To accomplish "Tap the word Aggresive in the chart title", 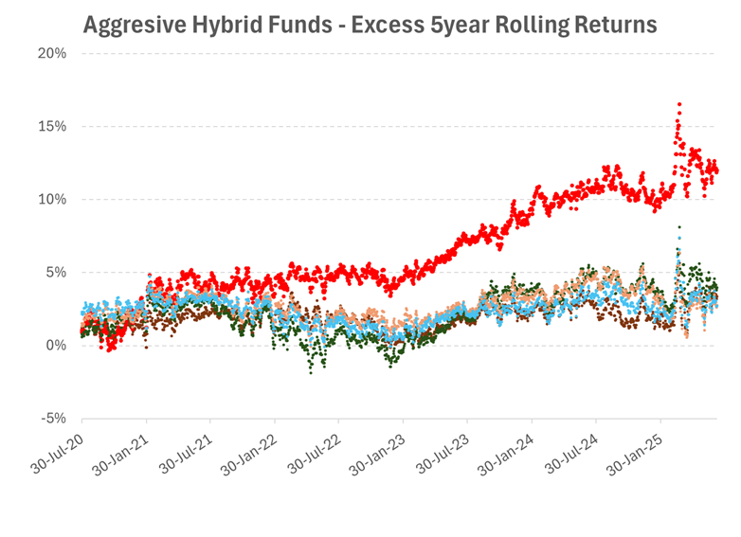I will click(x=129, y=25).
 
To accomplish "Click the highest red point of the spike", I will click(x=679, y=104).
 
